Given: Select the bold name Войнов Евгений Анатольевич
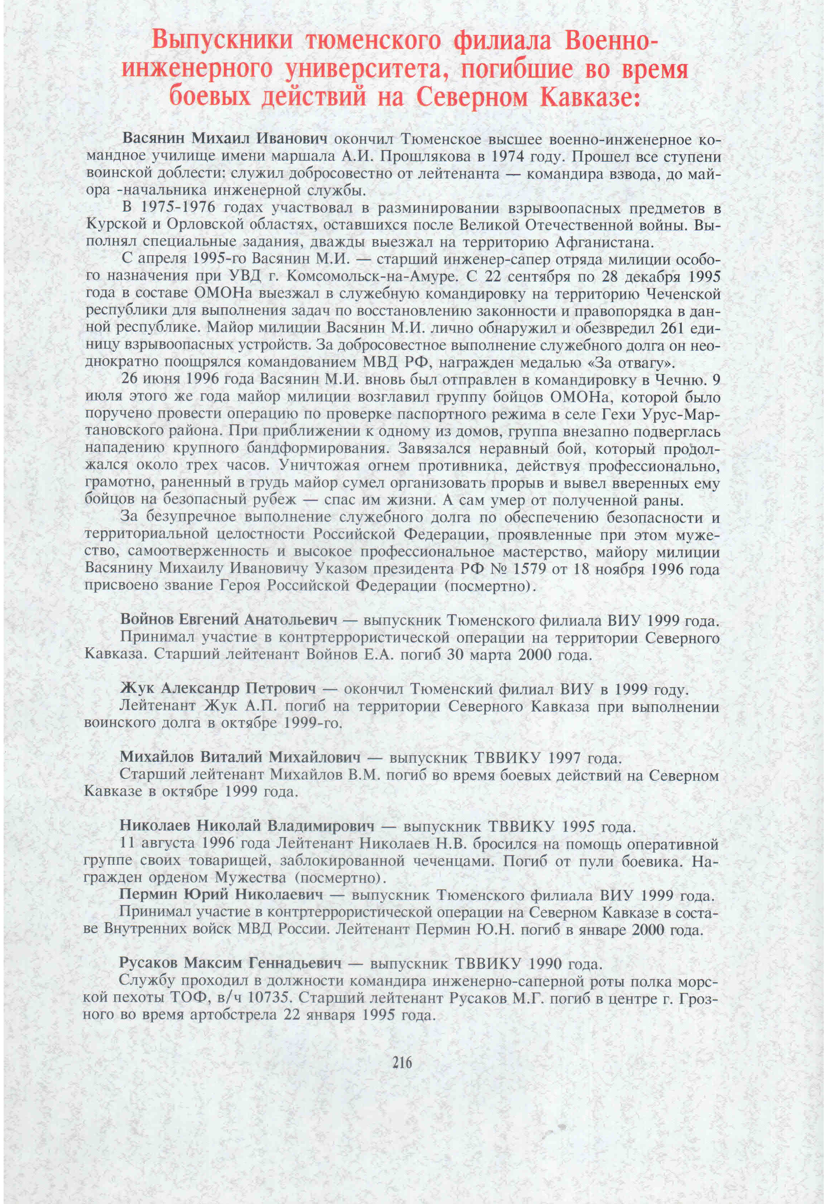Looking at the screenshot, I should tap(229, 620).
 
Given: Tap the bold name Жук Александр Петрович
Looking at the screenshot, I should tap(218, 689).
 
